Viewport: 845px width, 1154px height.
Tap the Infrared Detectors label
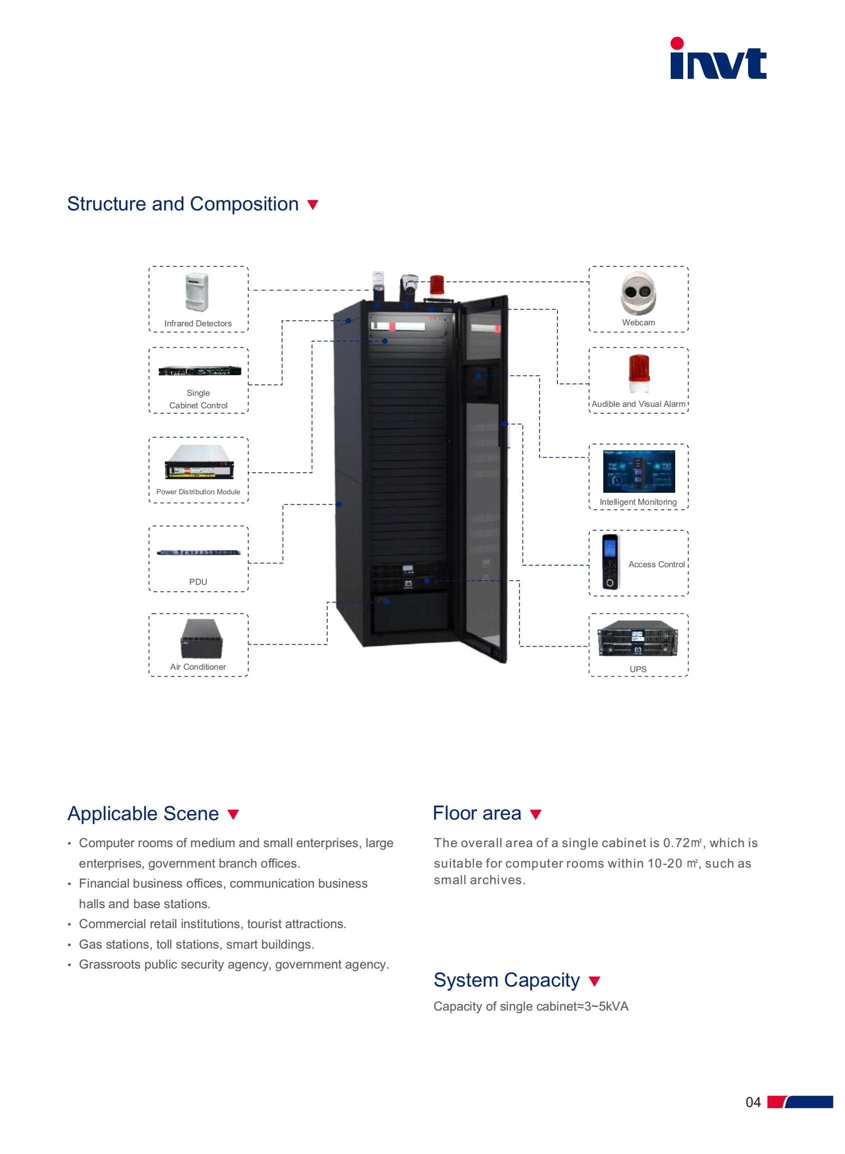click(198, 323)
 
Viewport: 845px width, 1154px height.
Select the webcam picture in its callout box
click(638, 293)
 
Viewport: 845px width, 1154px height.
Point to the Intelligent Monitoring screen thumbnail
click(639, 471)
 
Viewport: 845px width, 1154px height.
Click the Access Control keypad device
click(610, 561)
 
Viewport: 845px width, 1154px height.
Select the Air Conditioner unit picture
click(202, 639)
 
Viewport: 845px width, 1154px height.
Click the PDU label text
click(198, 582)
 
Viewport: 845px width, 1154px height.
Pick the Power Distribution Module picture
click(199, 462)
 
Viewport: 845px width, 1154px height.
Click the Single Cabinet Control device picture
click(199, 370)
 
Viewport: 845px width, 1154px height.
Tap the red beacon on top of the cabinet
click(436, 285)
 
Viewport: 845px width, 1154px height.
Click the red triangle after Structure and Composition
click(313, 205)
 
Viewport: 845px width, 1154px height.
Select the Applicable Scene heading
click(143, 814)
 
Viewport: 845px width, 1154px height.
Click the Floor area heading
click(477, 813)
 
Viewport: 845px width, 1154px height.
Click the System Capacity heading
click(506, 980)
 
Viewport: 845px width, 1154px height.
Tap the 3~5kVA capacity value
click(607, 1007)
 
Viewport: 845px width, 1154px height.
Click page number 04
click(753, 1103)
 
